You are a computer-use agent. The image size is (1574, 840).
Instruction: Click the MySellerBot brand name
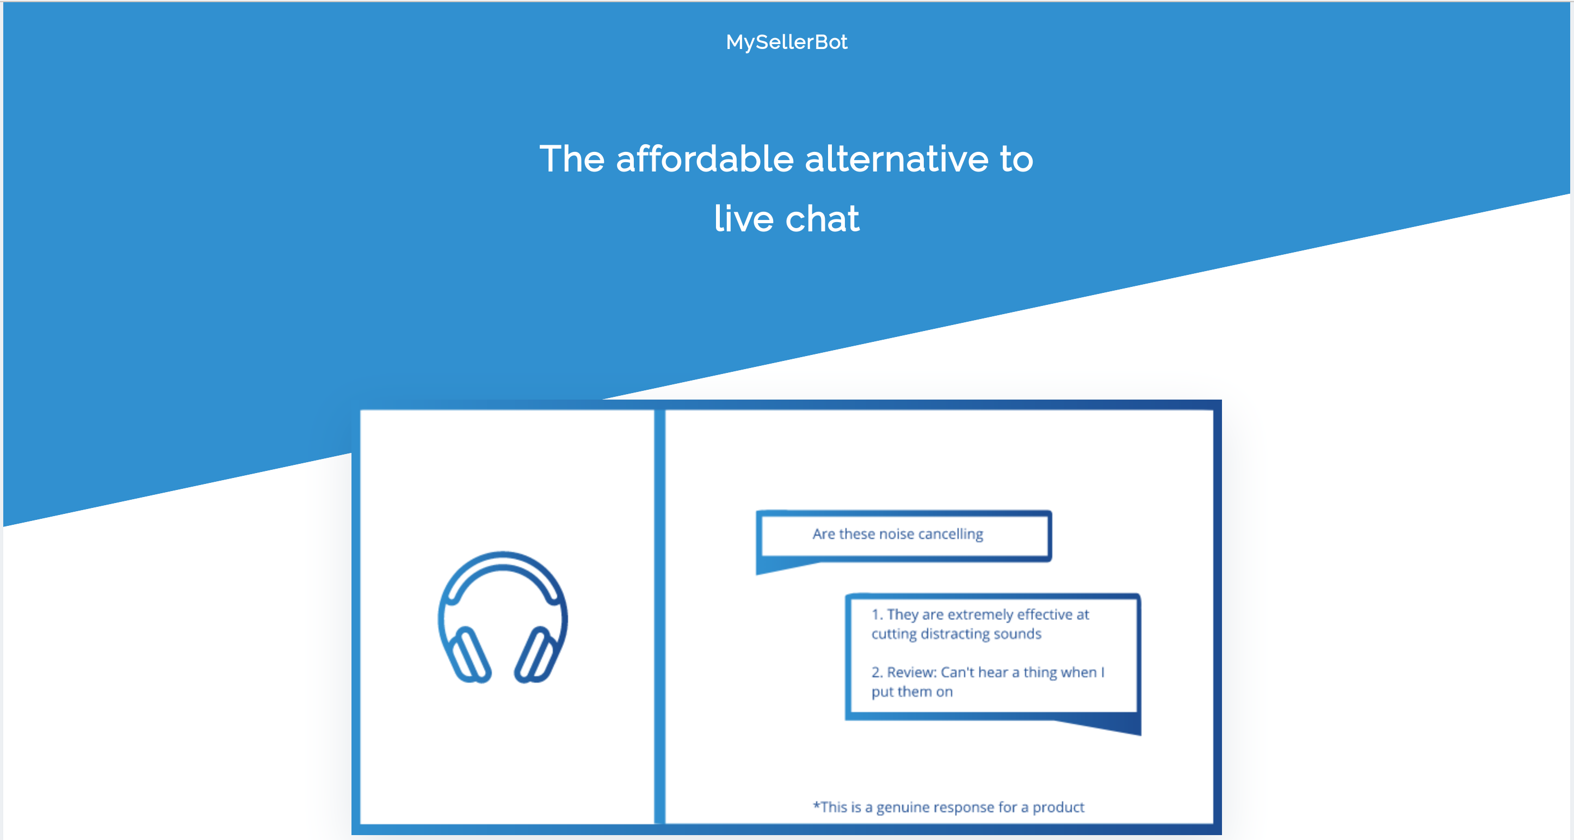pyautogui.click(x=786, y=42)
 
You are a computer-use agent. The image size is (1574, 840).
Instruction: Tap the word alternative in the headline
pyautogui.click(x=897, y=159)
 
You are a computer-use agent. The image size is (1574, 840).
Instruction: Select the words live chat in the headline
pyautogui.click(x=786, y=218)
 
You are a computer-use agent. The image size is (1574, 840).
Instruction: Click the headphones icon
pyautogui.click(x=502, y=617)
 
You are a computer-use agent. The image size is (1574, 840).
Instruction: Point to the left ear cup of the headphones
pyautogui.click(x=468, y=654)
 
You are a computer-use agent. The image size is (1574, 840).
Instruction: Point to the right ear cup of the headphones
pyautogui.click(x=535, y=654)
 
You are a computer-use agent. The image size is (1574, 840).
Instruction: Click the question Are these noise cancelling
pyautogui.click(x=898, y=534)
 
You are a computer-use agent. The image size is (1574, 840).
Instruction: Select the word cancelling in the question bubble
pyautogui.click(x=950, y=534)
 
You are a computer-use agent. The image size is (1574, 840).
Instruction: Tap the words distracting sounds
pyautogui.click(x=981, y=633)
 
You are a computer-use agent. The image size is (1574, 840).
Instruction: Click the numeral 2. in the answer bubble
pyautogui.click(x=877, y=672)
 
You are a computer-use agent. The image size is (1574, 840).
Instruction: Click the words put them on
pyautogui.click(x=912, y=691)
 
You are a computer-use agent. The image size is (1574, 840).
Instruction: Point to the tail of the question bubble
pyautogui.click(x=776, y=567)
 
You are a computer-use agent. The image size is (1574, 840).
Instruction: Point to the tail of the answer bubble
pyautogui.click(x=1112, y=726)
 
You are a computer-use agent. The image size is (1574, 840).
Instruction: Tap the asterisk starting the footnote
pyautogui.click(x=816, y=805)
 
